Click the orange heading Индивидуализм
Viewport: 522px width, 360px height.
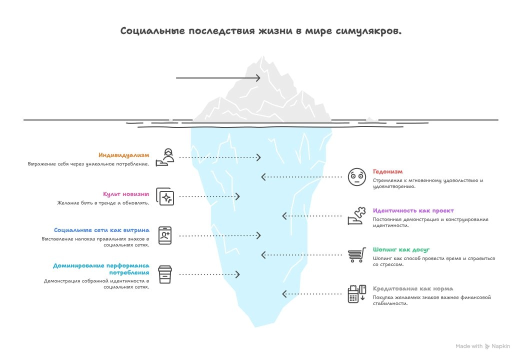tap(123, 155)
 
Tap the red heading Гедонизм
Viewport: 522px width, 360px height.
tap(387, 171)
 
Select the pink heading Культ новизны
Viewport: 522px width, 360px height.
tap(126, 194)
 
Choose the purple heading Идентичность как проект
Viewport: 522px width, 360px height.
tap(413, 210)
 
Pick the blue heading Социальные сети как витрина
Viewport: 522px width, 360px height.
tap(101, 230)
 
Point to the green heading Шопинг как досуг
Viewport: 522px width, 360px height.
tap(401, 249)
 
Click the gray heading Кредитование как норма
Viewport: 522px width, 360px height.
tap(412, 288)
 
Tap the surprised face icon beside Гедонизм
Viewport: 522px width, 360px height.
tap(355, 176)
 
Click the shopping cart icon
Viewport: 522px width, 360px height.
tap(356, 255)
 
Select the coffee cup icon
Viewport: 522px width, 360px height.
tap(164, 274)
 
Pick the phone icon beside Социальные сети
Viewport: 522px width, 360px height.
tap(165, 235)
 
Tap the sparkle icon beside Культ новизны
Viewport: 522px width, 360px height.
tap(165, 196)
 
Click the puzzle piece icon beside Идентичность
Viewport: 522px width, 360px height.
tap(356, 215)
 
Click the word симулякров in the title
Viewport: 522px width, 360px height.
tap(370, 31)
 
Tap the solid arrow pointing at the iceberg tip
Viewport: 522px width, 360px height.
tap(218, 78)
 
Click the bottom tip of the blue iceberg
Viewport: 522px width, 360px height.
tap(255, 326)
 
